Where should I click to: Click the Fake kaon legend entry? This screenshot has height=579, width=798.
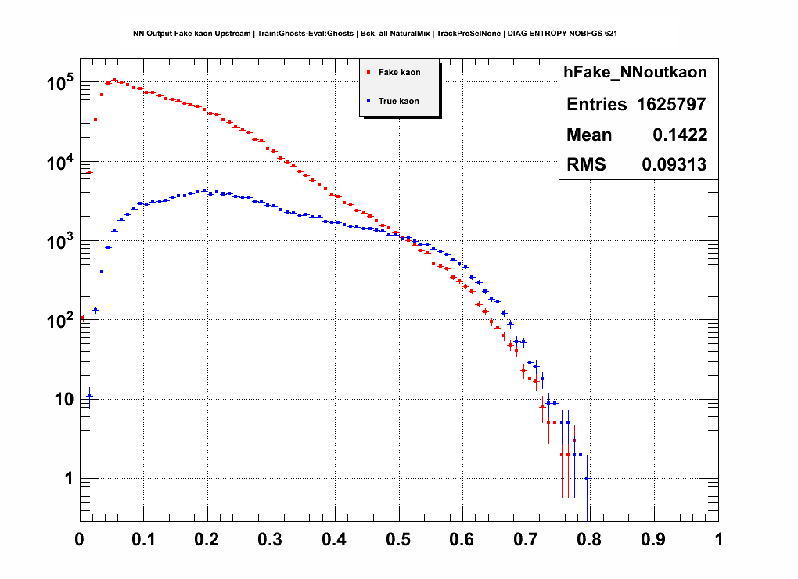pos(399,73)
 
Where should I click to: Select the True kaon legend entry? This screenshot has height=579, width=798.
pos(399,101)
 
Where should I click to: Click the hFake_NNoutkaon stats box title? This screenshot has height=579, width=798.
pos(635,73)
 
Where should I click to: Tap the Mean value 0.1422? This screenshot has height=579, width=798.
pos(680,135)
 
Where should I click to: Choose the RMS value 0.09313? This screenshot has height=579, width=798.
pos(674,165)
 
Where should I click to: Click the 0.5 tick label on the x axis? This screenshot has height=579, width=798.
pos(399,540)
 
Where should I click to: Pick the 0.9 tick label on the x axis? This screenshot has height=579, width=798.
pos(654,540)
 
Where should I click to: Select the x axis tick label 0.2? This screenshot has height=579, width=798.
pos(207,540)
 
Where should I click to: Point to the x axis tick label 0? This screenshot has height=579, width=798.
pos(79,540)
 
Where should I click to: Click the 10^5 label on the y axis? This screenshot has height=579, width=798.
pos(59,81)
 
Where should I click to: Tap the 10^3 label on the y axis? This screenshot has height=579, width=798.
pos(59,240)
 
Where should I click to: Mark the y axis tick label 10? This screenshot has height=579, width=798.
pos(62,399)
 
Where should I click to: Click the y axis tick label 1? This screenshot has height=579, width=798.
pos(68,479)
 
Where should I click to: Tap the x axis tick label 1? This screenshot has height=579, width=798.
pos(718,540)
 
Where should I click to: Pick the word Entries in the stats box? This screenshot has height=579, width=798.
pos(596,105)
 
